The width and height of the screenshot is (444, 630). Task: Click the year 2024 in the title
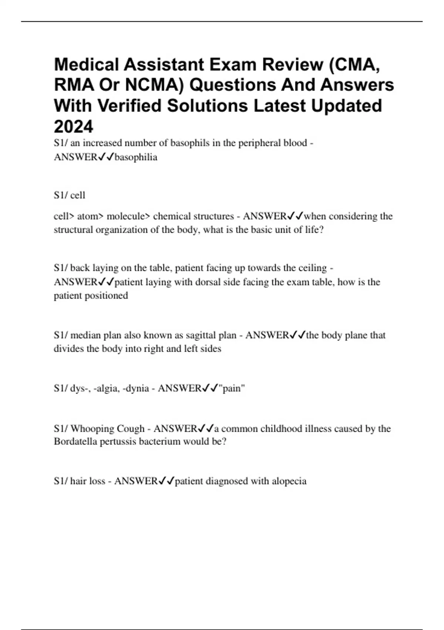pyautogui.click(x=74, y=127)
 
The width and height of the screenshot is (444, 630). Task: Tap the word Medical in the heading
pyautogui.click(x=86, y=65)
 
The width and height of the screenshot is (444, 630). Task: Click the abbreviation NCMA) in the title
pyautogui.click(x=155, y=85)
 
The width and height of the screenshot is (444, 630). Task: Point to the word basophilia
pyautogui.click(x=136, y=157)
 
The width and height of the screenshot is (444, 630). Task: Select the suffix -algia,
pyautogui.click(x=106, y=388)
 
